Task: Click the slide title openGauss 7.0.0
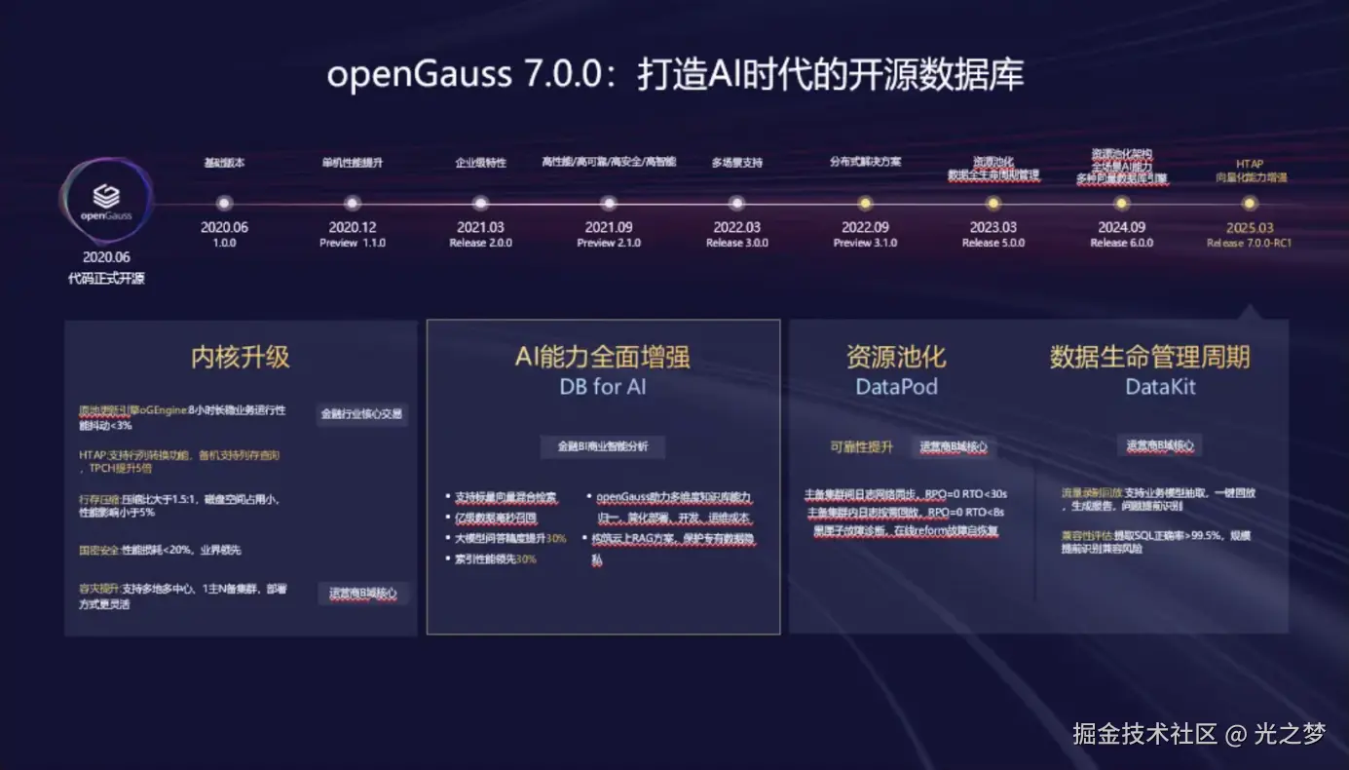pos(675,76)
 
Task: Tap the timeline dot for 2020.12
pos(352,204)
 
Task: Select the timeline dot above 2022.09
pos(864,204)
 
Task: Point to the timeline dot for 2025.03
pos(1249,204)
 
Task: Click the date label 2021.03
pos(480,227)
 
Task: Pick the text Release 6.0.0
pos(1121,243)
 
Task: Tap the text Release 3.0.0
pos(736,243)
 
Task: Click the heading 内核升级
pos(241,357)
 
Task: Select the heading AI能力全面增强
pos(603,357)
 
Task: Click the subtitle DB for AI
pos(603,387)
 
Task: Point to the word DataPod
pos(896,387)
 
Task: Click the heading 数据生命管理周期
pos(1149,357)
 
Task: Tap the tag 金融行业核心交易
pos(361,413)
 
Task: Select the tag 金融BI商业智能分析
pos(603,446)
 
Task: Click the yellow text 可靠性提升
pos(861,446)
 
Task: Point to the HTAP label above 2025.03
pos(1249,164)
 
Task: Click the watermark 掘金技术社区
pos(1145,733)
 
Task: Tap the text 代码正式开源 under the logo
pos(106,279)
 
